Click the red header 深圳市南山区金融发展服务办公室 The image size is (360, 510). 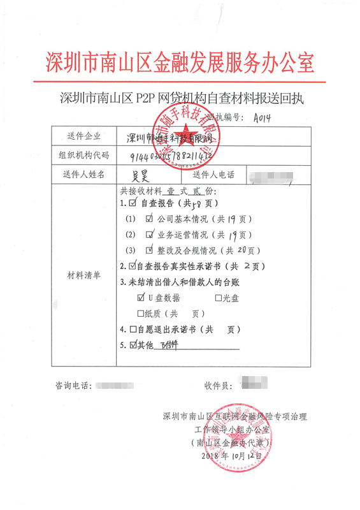pyautogui.click(x=180, y=62)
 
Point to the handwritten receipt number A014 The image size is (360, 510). pyautogui.click(x=262, y=118)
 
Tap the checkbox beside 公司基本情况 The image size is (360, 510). pyautogui.click(x=150, y=219)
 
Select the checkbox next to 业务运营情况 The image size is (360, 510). pyautogui.click(x=150, y=234)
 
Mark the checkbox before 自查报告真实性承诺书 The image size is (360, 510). pyautogui.click(x=133, y=265)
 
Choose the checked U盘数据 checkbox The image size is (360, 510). pyautogui.click(x=141, y=297)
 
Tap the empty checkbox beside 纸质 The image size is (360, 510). pyautogui.click(x=141, y=314)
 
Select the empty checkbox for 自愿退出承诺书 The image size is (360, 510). pyautogui.click(x=133, y=330)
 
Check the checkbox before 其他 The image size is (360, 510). pyautogui.click(x=133, y=346)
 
